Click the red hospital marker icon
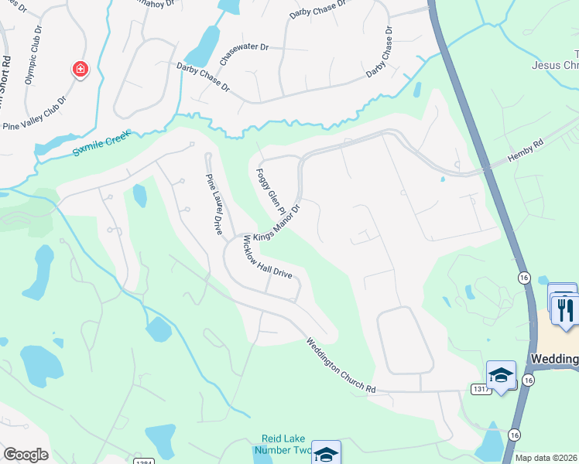click(80, 70)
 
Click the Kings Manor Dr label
click(276, 223)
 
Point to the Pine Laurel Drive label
click(214, 203)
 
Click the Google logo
click(26, 455)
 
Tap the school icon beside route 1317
click(501, 375)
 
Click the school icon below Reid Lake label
click(326, 455)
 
